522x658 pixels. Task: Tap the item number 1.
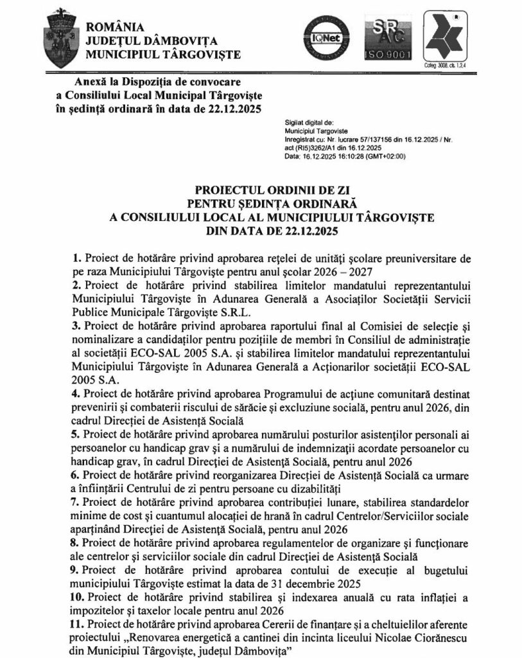[76, 258]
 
